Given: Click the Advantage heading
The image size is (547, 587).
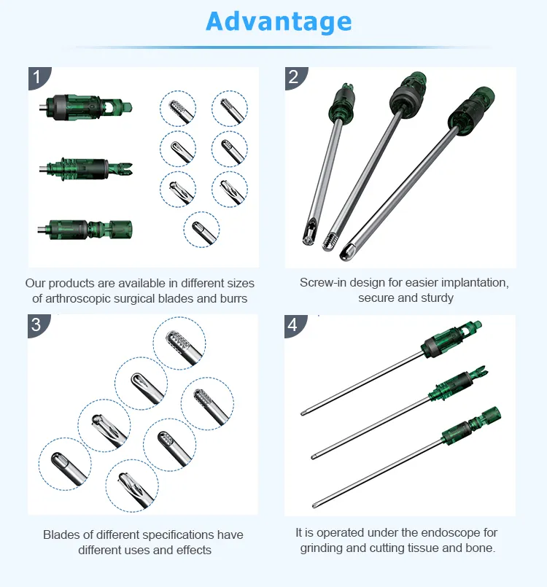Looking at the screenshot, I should pos(279,21).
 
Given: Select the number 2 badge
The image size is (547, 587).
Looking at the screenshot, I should pos(293,77).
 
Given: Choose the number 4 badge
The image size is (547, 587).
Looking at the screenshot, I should pos(293,324).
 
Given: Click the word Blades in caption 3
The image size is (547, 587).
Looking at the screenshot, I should pos(61,535).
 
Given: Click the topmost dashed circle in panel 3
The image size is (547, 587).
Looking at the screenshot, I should pos(179,343).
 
